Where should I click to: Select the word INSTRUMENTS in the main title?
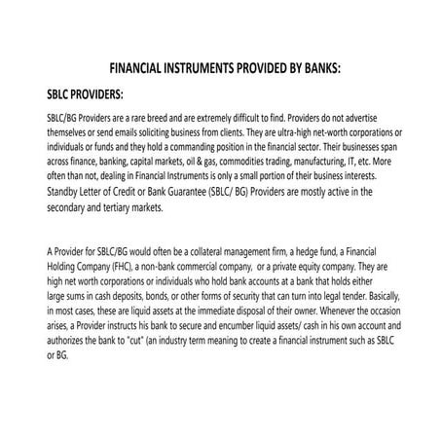pos(210,71)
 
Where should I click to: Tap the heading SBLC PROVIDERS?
pos(85,96)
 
